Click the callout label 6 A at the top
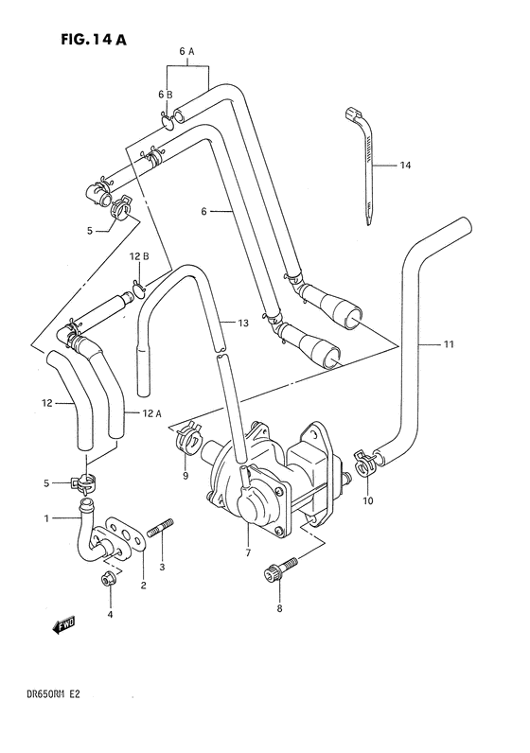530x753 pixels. pyautogui.click(x=185, y=50)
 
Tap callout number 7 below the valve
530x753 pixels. pyautogui.click(x=249, y=552)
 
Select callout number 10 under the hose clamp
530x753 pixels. pyautogui.click(x=368, y=499)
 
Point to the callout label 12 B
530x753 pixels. pyautogui.click(x=138, y=256)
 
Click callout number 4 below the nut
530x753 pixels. pyautogui.click(x=110, y=615)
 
